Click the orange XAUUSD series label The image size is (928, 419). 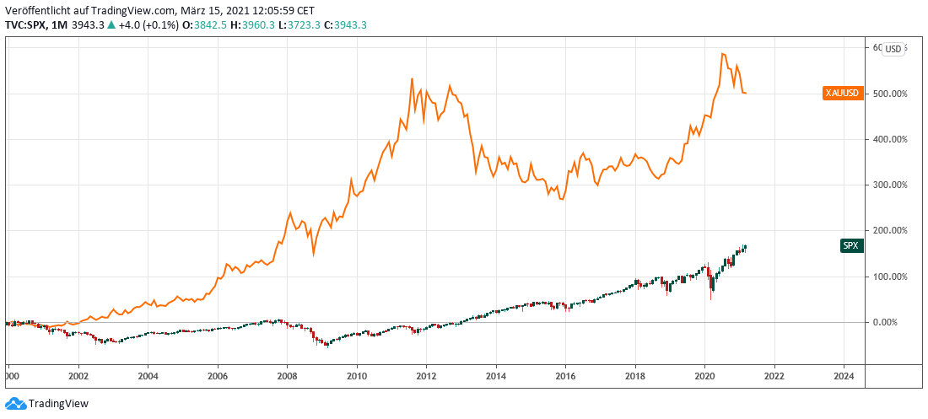coord(841,94)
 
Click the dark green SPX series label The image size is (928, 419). coord(852,245)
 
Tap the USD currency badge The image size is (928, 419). coord(893,49)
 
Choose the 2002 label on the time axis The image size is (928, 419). coord(78,376)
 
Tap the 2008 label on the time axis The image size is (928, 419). coord(288,376)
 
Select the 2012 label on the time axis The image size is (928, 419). coord(427,376)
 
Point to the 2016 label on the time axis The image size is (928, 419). coord(565,376)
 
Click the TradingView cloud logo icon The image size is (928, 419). coord(14,403)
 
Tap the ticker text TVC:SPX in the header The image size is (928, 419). coord(27,25)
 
